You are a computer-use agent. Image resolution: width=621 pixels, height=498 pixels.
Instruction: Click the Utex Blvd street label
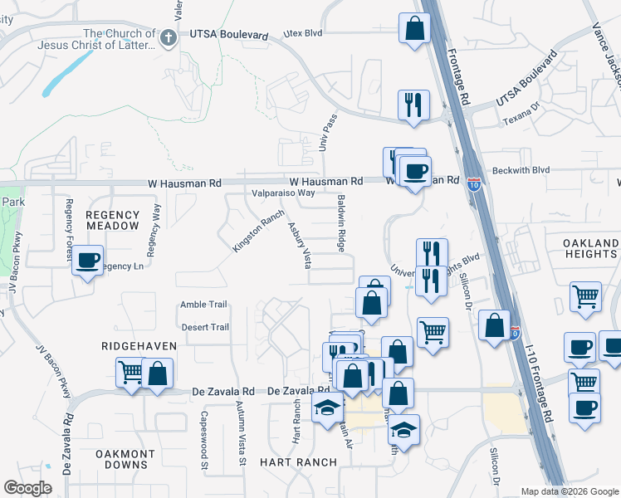coord(302,33)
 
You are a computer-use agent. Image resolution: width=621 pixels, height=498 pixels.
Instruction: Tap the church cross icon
coord(168,37)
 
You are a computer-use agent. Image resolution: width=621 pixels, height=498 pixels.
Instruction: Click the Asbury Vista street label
coord(299,245)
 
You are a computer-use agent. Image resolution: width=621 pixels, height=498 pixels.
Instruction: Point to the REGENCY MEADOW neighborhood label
coord(112,220)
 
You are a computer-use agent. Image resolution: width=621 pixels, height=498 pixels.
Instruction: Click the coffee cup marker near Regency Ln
coord(87,261)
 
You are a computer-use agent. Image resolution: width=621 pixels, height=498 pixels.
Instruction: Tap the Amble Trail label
coord(203,305)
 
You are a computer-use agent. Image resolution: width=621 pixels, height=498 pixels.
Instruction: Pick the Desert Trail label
coord(205,327)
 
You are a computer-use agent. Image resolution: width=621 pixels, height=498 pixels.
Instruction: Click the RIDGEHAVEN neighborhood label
coord(135,344)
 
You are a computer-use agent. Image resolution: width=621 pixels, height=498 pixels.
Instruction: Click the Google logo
coord(28,488)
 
